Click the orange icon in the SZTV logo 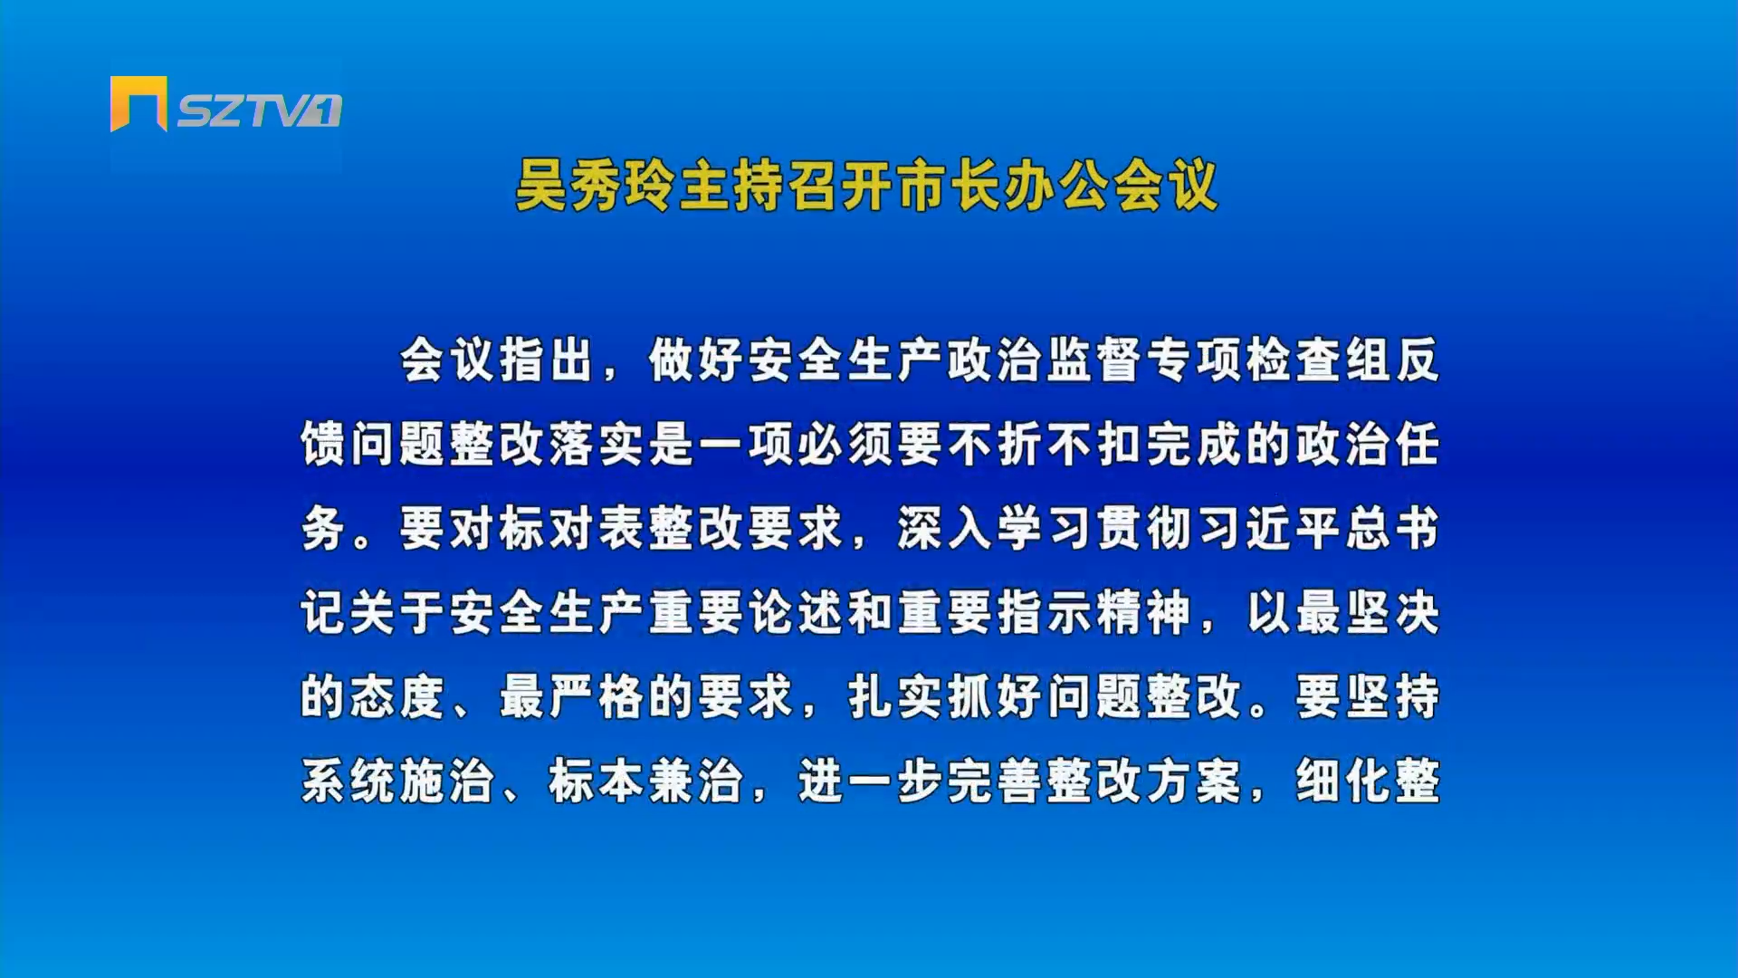point(138,103)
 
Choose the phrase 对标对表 point(547,529)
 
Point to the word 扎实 point(895,697)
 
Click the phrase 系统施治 point(397,781)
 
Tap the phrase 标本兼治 point(646,781)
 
